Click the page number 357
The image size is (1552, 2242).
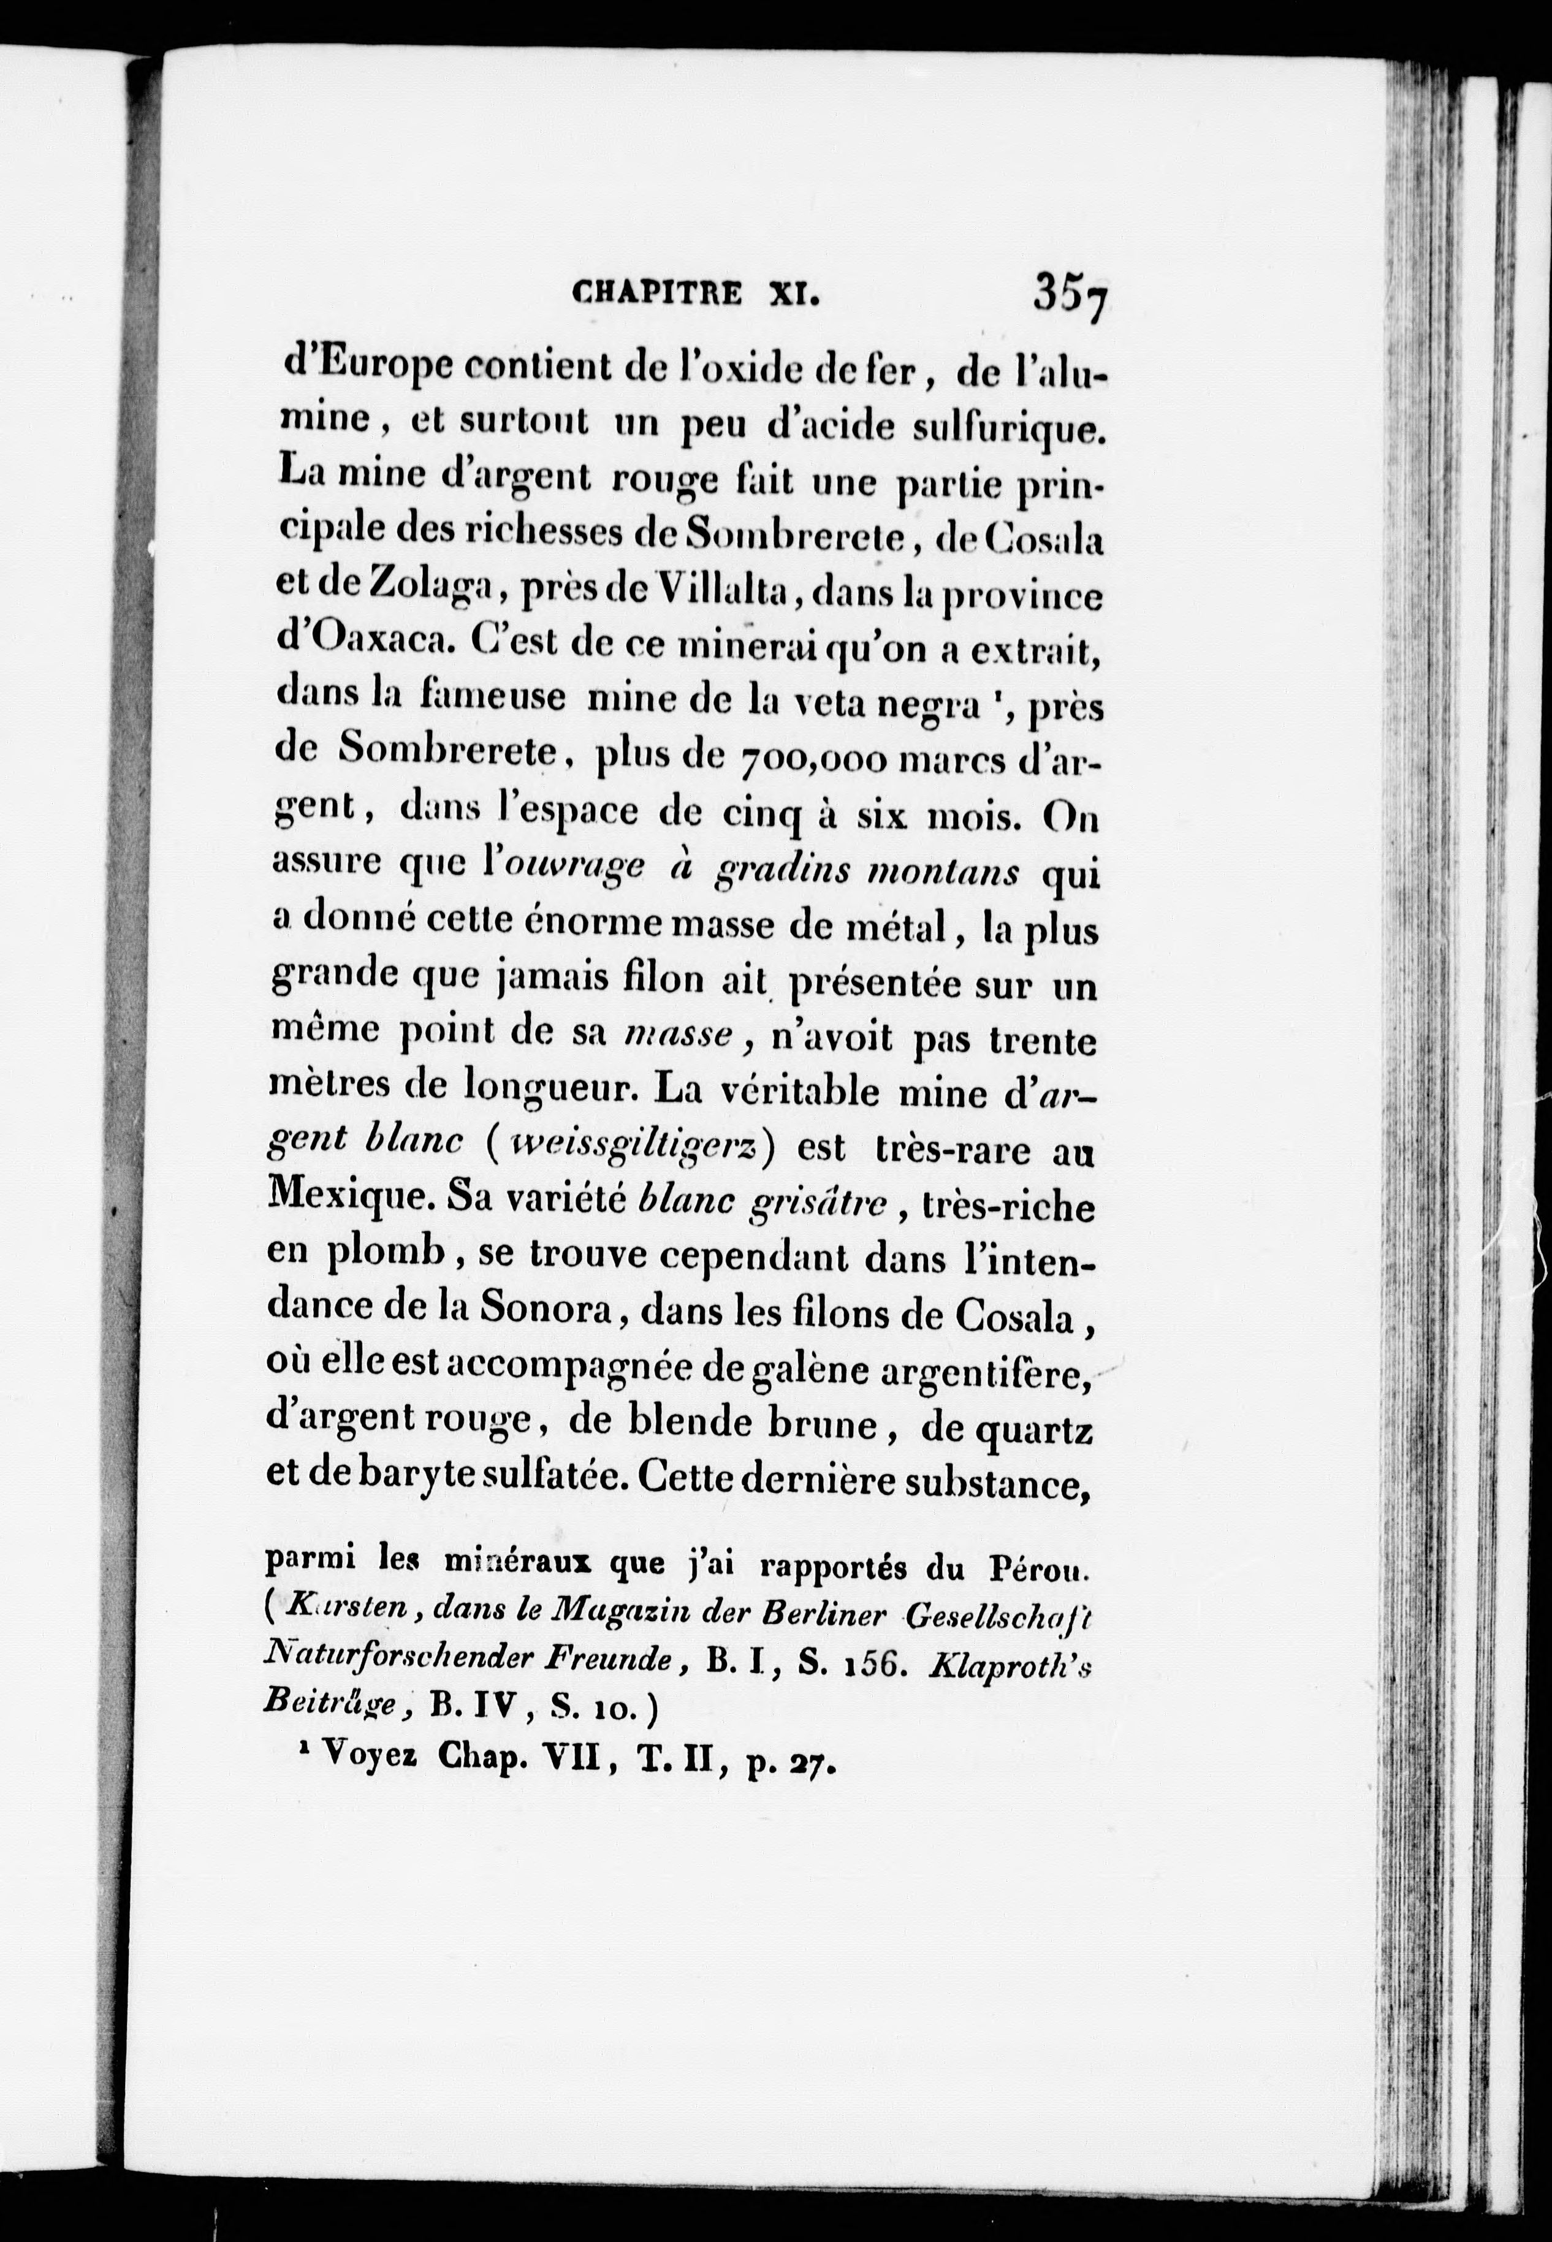click(x=1071, y=292)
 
